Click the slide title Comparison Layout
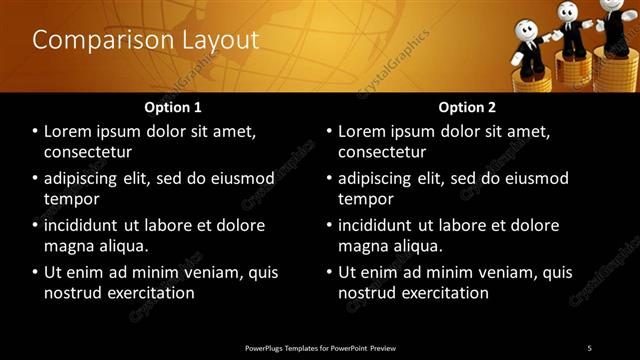(x=145, y=40)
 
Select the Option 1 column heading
(x=173, y=107)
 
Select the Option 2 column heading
(x=467, y=107)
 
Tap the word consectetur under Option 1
(x=88, y=151)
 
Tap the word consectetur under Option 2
(x=382, y=151)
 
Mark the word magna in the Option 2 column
(x=362, y=245)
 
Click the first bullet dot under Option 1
(x=36, y=132)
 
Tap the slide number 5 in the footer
(x=589, y=347)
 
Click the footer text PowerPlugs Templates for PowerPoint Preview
(x=320, y=347)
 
